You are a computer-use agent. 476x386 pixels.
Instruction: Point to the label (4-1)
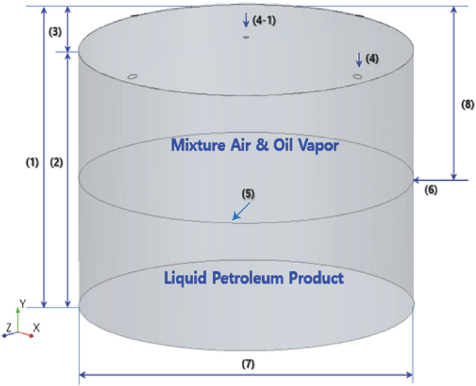point(265,20)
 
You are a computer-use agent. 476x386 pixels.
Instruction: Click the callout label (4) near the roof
point(372,59)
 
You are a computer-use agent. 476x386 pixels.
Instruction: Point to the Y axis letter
point(22,304)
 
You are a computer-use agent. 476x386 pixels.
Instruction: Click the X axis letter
point(37,327)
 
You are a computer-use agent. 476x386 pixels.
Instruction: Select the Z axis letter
point(8,326)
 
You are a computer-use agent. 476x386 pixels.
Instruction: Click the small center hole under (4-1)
point(246,38)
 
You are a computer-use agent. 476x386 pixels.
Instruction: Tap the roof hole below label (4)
point(357,76)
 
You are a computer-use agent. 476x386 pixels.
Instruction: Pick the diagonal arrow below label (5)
point(240,213)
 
